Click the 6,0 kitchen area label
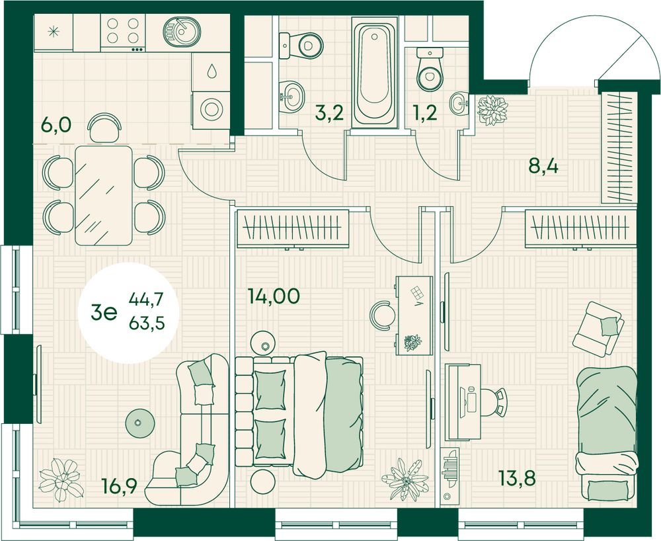pyautogui.click(x=56, y=125)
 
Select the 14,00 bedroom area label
pyautogui.click(x=274, y=296)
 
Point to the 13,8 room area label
pyautogui.click(x=517, y=478)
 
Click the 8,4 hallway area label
pyautogui.click(x=543, y=167)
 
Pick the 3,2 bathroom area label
pyautogui.click(x=330, y=112)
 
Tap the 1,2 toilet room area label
pyautogui.click(x=425, y=112)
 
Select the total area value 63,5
pyautogui.click(x=147, y=324)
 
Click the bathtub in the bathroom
pyautogui.click(x=374, y=73)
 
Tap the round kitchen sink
pyautogui.click(x=182, y=31)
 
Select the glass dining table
pyautogui.click(x=103, y=195)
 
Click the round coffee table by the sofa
pyautogui.click(x=139, y=423)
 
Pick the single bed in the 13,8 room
pyautogui.click(x=607, y=433)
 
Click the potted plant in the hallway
pyautogui.click(x=492, y=110)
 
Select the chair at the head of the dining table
pyautogui.click(x=104, y=128)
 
